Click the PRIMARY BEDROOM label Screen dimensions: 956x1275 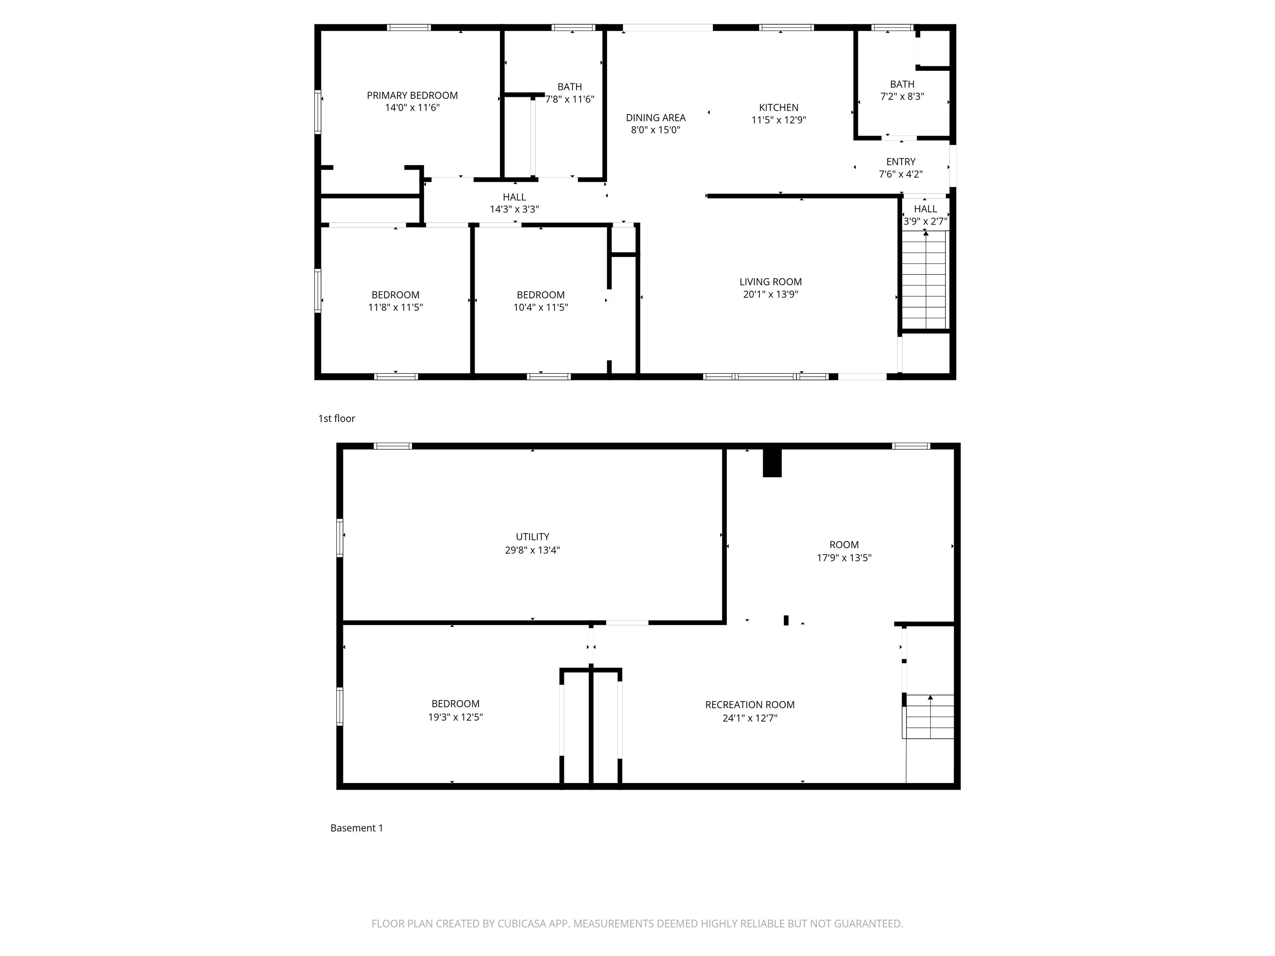coord(412,95)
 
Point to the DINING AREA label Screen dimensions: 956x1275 coord(655,117)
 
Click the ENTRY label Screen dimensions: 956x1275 coord(900,161)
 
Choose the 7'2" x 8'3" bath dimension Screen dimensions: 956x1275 coord(901,97)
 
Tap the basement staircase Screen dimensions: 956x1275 coord(928,716)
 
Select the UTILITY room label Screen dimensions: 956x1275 coord(532,537)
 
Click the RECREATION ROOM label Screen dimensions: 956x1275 coord(749,704)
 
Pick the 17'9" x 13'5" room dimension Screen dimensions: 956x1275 coord(843,558)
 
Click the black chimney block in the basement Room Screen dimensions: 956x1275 coord(772,463)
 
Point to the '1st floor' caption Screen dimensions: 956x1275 coord(337,418)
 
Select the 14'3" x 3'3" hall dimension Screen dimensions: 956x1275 coord(514,209)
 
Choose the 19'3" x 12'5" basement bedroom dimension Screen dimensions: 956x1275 coord(455,717)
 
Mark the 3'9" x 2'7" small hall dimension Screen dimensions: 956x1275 coord(925,221)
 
